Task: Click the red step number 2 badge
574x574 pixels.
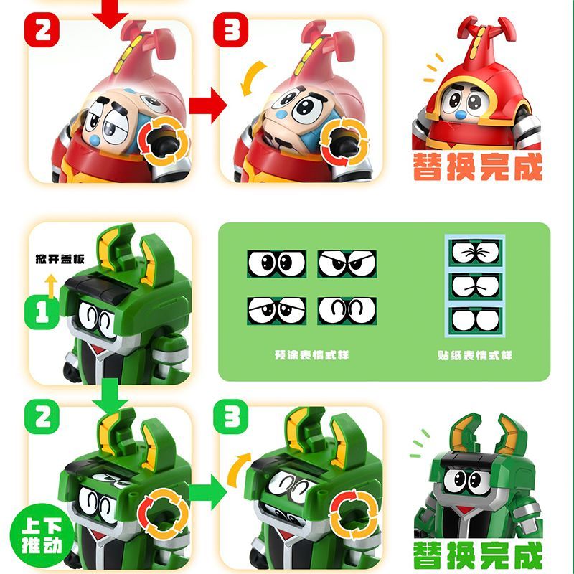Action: coord(42,29)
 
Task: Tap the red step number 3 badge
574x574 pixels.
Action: coord(230,29)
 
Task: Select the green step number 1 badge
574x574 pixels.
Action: coord(42,313)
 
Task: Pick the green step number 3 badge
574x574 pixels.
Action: coord(230,417)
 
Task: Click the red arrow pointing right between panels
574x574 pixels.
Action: coord(207,105)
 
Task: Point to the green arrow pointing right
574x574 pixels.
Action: coord(207,491)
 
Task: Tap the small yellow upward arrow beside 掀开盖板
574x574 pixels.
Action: coord(51,286)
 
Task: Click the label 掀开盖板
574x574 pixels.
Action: coord(60,259)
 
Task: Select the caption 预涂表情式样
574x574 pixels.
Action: coord(311,354)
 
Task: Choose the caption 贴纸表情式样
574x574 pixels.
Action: coord(474,354)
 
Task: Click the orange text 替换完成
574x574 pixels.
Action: coord(477,166)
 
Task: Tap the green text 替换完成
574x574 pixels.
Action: coord(477,555)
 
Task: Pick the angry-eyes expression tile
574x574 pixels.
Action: coord(347,263)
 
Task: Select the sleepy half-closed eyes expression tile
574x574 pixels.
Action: coord(276,311)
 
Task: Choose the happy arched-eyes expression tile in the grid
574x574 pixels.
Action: coord(347,311)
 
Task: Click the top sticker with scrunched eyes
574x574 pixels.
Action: coord(475,253)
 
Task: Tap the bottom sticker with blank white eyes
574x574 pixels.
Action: coord(475,321)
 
